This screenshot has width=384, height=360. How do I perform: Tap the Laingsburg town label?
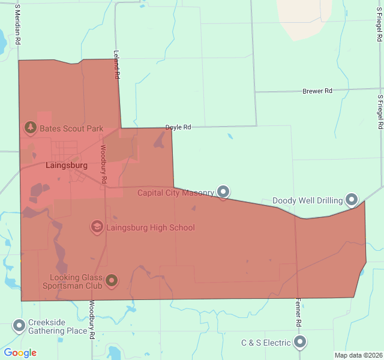pos(67,165)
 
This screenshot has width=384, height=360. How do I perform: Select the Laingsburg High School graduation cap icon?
pos(97,227)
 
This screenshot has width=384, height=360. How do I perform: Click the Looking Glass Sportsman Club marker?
pos(112,280)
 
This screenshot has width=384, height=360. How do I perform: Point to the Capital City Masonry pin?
pos(223,192)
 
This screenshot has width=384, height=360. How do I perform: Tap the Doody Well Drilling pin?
pos(352,200)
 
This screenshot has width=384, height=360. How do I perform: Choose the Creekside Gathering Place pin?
pos(19,326)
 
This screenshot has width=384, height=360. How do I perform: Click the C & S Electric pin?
pos(300,343)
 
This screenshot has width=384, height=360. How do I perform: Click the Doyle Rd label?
pos(178,127)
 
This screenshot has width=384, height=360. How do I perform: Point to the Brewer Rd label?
pos(317,91)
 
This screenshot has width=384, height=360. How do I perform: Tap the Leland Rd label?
pos(116,65)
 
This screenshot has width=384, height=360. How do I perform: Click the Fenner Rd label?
pos(298,313)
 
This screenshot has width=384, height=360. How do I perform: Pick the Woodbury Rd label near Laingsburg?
pos(103,164)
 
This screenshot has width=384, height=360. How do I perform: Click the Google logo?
pos(20,353)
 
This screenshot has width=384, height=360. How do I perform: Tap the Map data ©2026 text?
pos(358,355)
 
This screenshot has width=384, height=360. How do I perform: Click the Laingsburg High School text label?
pos(151,228)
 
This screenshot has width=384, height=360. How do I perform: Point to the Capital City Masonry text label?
pos(175,193)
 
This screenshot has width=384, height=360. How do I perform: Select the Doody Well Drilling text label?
pos(307,200)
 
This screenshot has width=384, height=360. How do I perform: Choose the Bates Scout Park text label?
pos(71,128)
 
